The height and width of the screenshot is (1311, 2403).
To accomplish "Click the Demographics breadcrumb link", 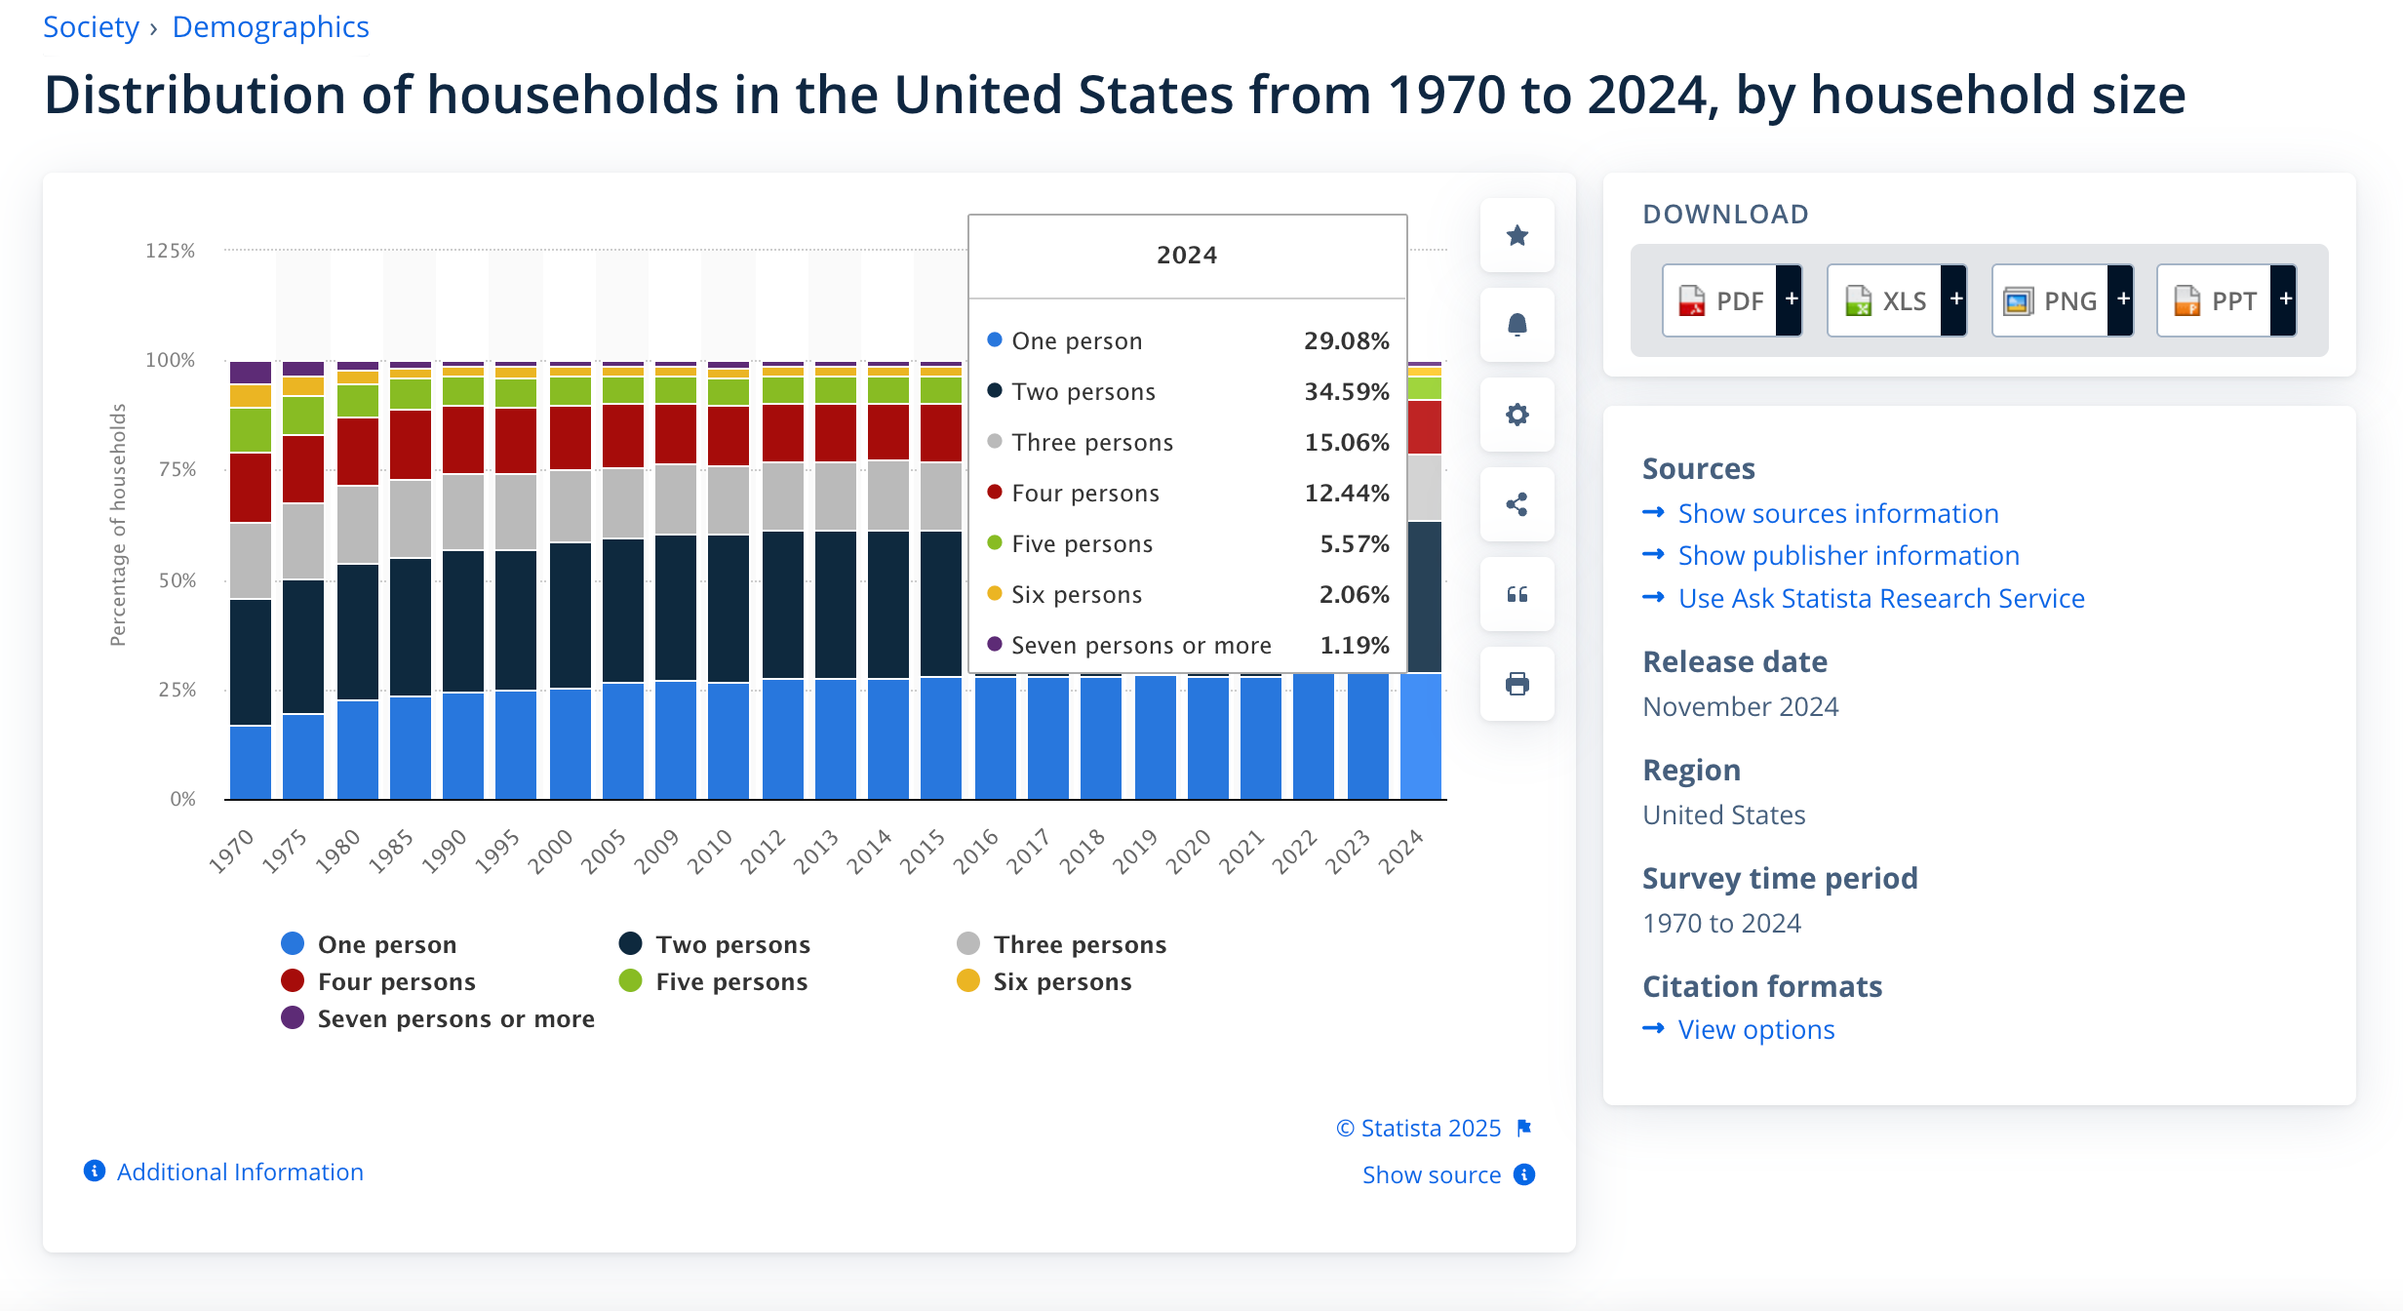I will coord(270,27).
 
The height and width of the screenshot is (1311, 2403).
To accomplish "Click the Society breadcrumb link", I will coord(91,27).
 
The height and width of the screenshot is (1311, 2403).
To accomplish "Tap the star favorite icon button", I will coord(1517,235).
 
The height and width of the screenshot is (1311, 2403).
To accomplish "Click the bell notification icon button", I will coord(1517,325).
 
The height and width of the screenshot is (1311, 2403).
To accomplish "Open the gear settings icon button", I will coord(1517,415).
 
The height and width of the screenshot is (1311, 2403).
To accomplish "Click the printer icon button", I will coord(1517,684).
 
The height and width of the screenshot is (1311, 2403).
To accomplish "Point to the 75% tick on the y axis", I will coord(177,469).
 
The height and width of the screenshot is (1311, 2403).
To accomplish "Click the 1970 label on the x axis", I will coord(232,851).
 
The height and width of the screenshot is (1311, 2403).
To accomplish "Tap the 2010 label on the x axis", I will coord(710,851).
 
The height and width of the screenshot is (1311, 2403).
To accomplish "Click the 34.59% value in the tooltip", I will coord(1346,391).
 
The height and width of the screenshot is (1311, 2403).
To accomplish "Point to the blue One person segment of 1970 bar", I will coord(251,762).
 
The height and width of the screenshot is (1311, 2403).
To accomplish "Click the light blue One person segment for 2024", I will coord(1420,736).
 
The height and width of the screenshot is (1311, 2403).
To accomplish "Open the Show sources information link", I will coord(1837,513).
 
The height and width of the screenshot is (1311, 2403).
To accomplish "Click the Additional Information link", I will coord(239,1172).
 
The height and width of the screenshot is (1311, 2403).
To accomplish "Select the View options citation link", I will coord(1755,1029).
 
